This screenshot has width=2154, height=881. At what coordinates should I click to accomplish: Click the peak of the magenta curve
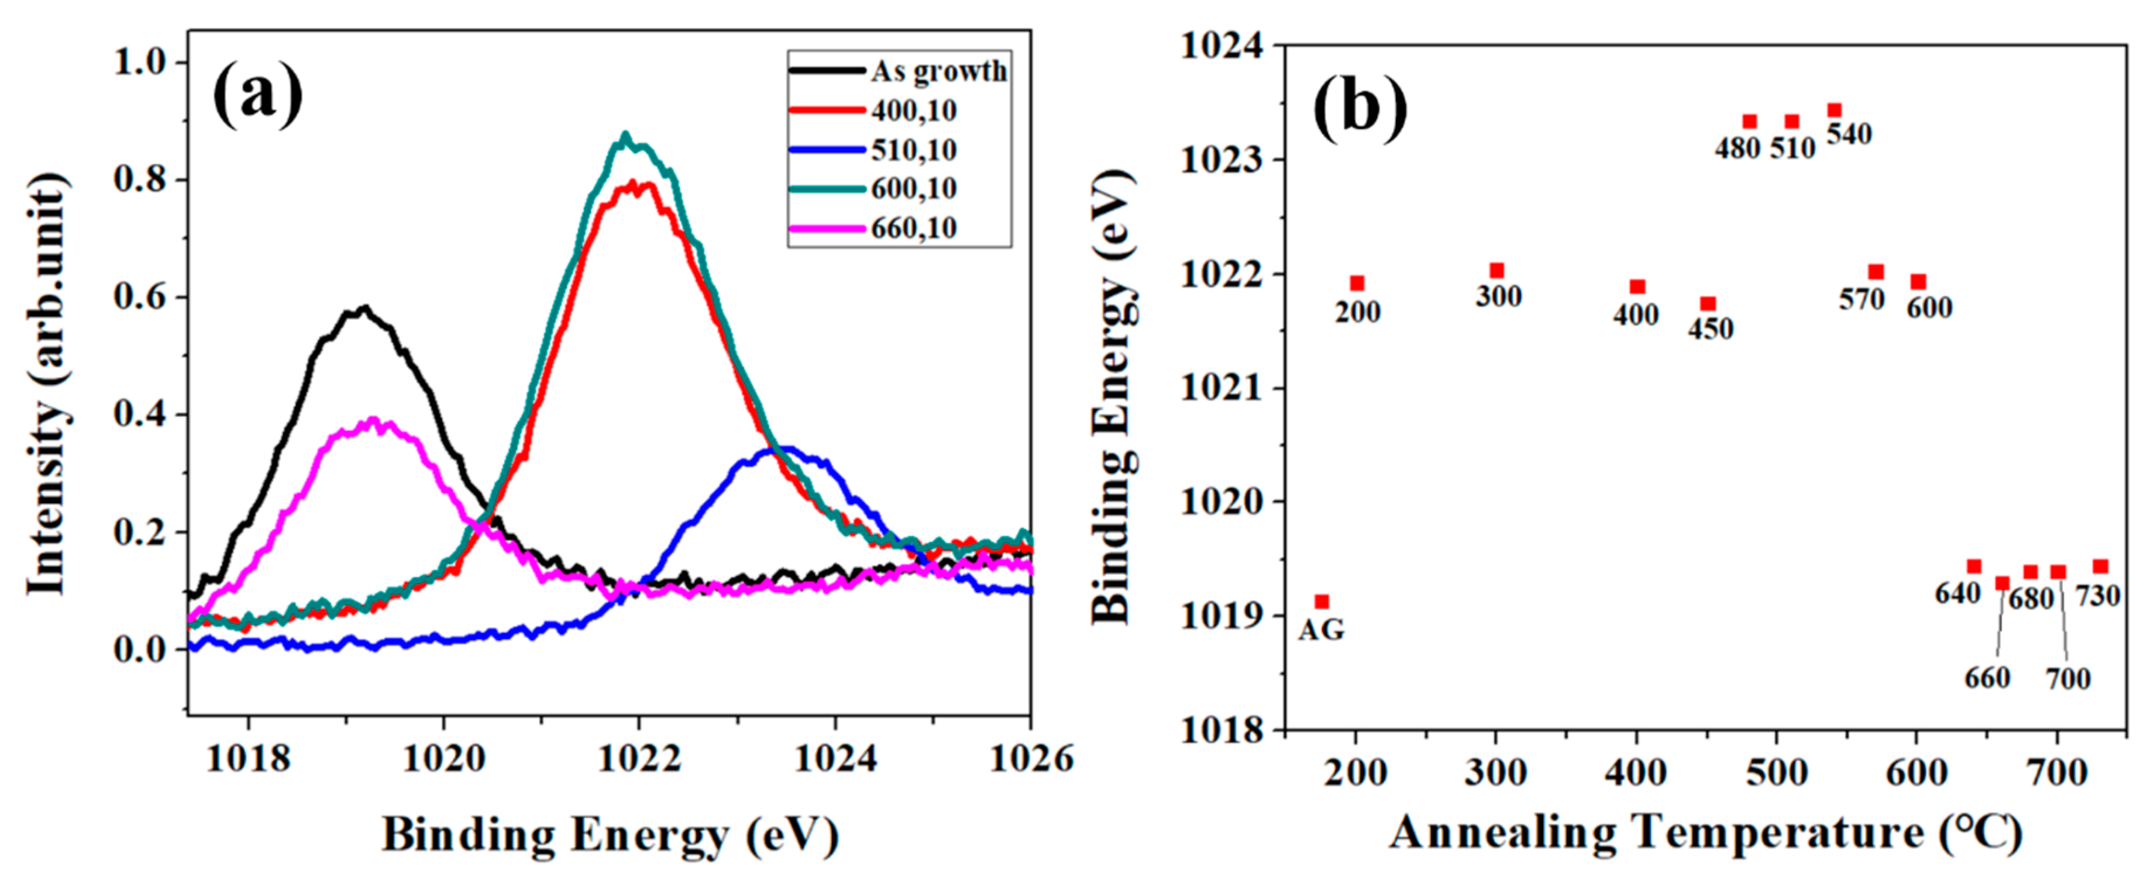[374, 420]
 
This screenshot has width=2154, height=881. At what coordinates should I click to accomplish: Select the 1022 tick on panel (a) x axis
[639, 758]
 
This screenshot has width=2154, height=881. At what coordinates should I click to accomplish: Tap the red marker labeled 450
[1708, 303]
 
